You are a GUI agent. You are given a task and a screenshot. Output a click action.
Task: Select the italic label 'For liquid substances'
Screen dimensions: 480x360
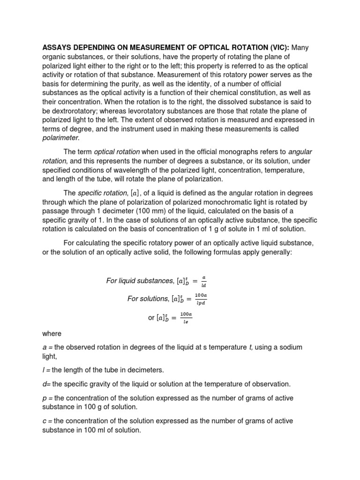(x=139, y=281)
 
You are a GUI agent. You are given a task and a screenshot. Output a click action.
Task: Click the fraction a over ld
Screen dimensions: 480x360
(x=203, y=281)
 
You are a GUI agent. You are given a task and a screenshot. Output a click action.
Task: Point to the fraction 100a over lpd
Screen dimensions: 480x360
(x=201, y=299)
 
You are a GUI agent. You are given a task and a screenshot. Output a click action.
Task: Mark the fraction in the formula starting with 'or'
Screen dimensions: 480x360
(x=186, y=317)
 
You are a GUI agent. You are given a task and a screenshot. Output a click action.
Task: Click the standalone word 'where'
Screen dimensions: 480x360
(x=52, y=334)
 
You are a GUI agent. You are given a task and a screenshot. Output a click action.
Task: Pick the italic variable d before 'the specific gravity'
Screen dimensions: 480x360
(x=45, y=384)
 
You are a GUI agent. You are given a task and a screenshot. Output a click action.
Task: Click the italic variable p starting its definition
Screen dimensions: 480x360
(x=45, y=397)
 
